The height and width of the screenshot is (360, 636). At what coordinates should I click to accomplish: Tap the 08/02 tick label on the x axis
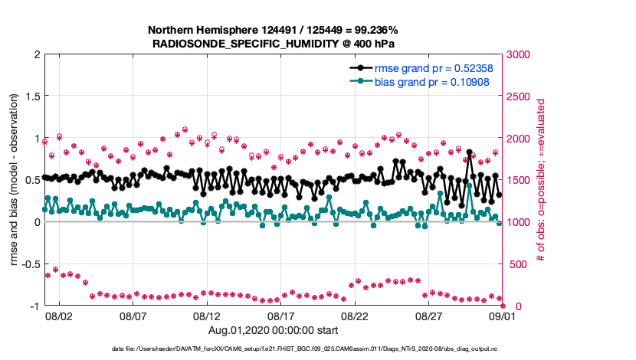coord(59,316)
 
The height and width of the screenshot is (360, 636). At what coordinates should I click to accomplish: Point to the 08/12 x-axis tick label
coord(207,316)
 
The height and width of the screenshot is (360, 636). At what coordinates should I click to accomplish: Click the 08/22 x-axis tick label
coord(355,316)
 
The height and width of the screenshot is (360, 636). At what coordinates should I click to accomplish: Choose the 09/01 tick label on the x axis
coord(503,316)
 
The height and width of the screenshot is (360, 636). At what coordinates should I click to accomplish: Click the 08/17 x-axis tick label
coord(280,316)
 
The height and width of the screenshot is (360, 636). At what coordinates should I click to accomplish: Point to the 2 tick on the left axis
coord(35,54)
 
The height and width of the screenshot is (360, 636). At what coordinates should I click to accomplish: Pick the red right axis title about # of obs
coord(540,180)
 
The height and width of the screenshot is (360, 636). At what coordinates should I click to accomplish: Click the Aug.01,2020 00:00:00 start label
coord(272,330)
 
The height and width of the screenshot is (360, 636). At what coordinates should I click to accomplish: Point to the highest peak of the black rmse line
coord(469,152)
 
